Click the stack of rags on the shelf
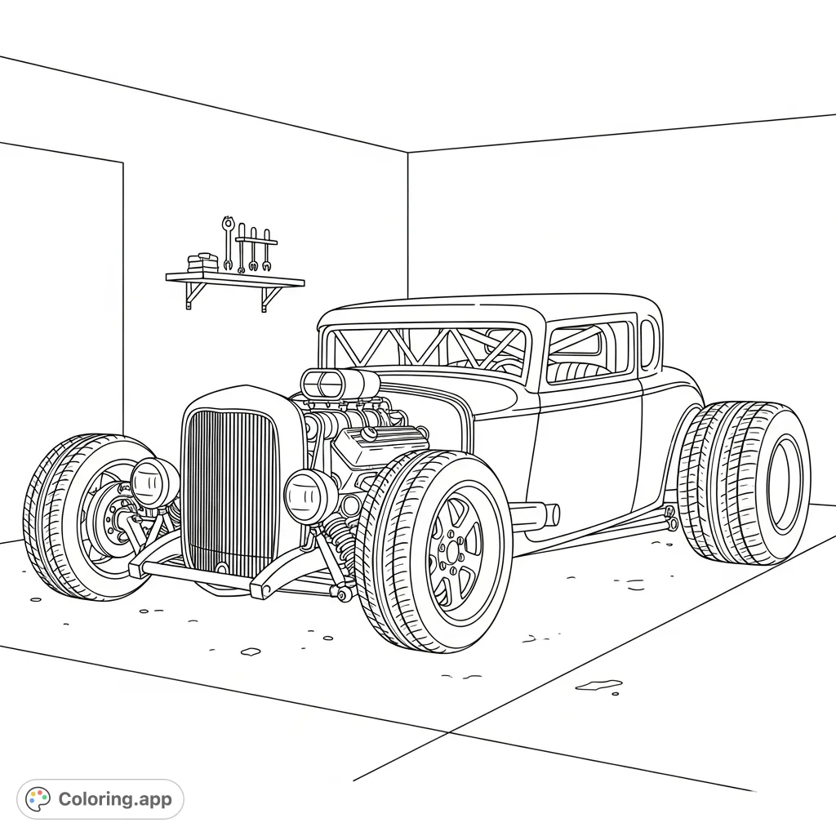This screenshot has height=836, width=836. click(202, 263)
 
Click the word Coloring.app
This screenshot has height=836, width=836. click(115, 799)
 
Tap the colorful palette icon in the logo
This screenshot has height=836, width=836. click(38, 799)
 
